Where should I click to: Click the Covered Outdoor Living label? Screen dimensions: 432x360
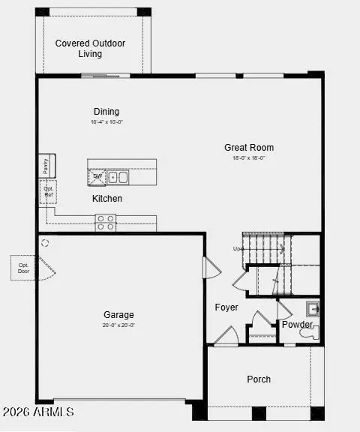(89, 49)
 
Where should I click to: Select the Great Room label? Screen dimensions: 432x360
(249, 148)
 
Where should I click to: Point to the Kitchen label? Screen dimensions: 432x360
(107, 199)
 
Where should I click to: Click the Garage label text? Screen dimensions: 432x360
(119, 316)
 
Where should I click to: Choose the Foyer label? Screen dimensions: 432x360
(226, 307)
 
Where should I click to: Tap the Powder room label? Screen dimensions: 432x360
(297, 325)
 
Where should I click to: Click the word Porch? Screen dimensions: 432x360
(259, 379)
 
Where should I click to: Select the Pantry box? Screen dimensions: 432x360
(45, 166)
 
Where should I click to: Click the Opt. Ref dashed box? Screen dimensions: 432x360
(48, 192)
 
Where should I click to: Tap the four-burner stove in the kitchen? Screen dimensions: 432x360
(106, 222)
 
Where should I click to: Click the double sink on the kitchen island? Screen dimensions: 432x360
(118, 178)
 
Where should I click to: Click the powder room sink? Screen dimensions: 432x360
(313, 308)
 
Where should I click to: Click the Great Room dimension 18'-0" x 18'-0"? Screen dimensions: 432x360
(249, 158)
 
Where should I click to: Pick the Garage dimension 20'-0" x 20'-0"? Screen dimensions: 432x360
(119, 326)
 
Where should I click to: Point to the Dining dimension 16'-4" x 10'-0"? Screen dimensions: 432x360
(106, 121)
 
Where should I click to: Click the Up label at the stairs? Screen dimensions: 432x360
(238, 248)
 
